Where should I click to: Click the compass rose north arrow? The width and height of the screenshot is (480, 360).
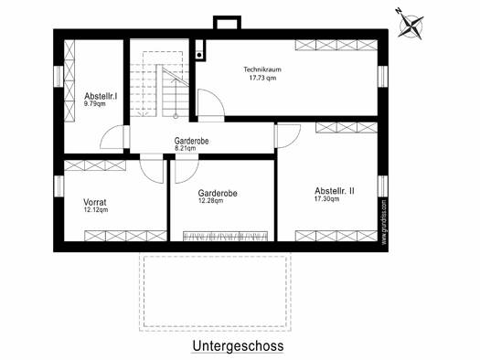[x=411, y=23]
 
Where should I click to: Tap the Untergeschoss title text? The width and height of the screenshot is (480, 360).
[x=238, y=346]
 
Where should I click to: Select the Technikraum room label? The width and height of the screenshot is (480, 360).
[x=262, y=69]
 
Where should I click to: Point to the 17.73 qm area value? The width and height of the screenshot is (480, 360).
[x=262, y=78]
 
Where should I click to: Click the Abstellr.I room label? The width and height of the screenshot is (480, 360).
[x=101, y=96]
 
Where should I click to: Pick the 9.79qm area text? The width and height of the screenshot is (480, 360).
[x=95, y=103]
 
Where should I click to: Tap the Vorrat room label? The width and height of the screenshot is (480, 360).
[x=95, y=202]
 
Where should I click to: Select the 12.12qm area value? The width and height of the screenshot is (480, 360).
[x=96, y=210]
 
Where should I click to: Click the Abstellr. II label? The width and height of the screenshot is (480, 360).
[x=335, y=191]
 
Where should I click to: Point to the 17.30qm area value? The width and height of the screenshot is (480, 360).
[x=327, y=199]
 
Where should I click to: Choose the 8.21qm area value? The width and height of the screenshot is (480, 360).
[x=186, y=148]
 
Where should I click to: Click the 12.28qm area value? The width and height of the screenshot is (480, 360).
[x=210, y=201]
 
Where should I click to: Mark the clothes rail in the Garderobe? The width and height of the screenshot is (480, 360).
[x=225, y=236]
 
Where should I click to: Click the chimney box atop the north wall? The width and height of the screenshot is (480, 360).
[x=227, y=22]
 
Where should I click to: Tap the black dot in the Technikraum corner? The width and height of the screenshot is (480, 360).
[x=199, y=55]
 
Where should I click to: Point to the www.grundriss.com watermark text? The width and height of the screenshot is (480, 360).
[x=384, y=222]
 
